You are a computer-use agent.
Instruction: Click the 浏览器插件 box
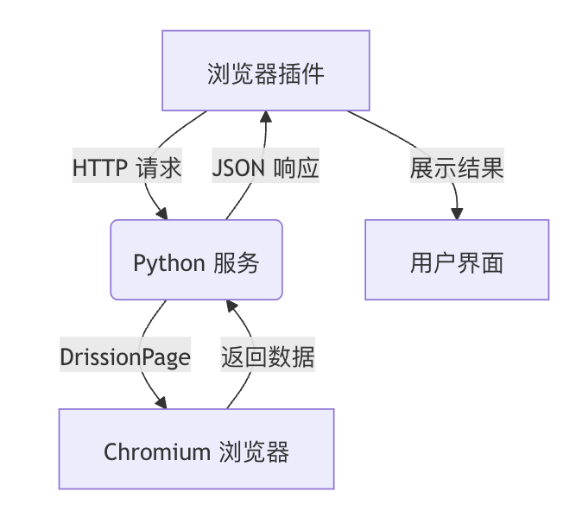coord(266,71)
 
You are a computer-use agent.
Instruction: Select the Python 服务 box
coord(196,260)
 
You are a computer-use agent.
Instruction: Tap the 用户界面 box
coord(456,260)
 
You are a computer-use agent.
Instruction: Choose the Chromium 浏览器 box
coord(196,449)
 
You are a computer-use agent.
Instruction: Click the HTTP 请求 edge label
coord(127,167)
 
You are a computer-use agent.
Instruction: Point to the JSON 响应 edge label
coord(266,167)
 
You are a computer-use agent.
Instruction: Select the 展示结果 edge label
coord(456,167)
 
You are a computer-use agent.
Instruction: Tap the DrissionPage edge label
coord(125,356)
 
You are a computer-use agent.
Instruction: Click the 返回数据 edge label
coord(268,356)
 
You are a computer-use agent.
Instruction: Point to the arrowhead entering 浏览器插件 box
coord(266,116)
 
